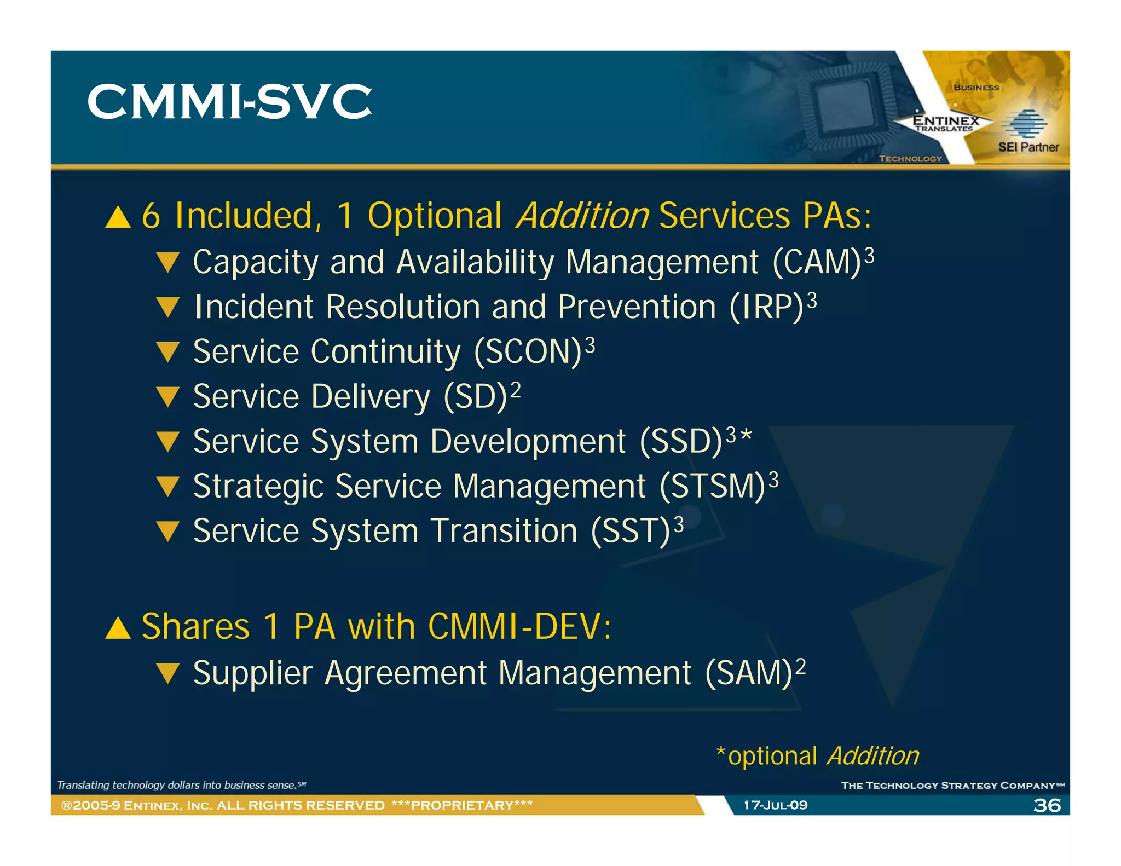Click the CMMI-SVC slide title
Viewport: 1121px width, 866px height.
[x=229, y=102]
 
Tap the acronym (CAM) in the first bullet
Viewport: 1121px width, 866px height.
[x=817, y=262]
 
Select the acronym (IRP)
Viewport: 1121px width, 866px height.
[x=766, y=307]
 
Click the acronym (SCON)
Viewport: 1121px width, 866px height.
[x=528, y=352]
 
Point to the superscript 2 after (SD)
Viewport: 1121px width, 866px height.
[x=515, y=389]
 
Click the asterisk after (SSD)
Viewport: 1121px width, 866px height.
[x=746, y=436]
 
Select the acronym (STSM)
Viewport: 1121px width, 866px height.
[x=712, y=487]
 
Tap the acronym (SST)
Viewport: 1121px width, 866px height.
[x=630, y=532]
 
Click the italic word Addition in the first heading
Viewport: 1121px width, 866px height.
[x=582, y=216]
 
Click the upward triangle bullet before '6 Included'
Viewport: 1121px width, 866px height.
[x=118, y=217]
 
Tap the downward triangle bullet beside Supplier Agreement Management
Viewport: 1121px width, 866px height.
[x=167, y=673]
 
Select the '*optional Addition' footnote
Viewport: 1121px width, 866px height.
[x=818, y=756]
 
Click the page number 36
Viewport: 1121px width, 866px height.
[x=1047, y=805]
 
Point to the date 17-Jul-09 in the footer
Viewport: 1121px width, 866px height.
[x=775, y=805]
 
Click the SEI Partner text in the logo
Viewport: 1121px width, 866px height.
[x=1028, y=147]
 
